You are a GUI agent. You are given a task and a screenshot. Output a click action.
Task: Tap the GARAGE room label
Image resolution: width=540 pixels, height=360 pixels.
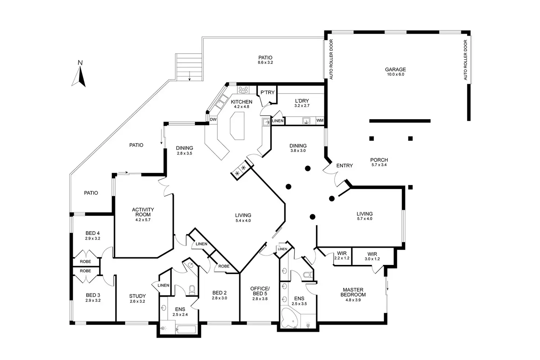point(395,69)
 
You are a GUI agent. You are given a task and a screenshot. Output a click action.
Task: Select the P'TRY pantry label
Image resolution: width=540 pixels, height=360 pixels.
point(267,92)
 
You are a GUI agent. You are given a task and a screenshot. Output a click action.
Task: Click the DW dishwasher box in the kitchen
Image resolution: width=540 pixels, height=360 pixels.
point(213,119)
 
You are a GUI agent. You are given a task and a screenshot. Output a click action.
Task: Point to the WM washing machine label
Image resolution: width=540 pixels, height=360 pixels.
point(320,120)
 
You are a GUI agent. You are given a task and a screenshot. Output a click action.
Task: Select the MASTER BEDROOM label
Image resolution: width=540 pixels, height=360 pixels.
point(353,292)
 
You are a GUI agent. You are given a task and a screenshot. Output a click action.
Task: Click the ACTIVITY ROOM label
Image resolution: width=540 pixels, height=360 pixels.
point(143,212)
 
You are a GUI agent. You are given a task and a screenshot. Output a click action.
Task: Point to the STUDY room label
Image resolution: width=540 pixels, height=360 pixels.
point(138,296)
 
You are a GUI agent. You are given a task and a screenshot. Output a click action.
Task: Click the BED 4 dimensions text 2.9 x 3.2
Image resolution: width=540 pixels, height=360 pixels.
point(93,239)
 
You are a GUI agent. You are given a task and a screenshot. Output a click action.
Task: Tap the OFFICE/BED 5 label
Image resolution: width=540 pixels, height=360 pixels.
point(260,291)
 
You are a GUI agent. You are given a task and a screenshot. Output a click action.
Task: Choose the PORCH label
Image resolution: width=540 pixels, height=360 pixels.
point(379,160)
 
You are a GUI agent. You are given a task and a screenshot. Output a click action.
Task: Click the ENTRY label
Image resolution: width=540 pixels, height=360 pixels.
point(344,166)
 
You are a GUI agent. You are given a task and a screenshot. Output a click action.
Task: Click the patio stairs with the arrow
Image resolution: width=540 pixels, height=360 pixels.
point(189,67)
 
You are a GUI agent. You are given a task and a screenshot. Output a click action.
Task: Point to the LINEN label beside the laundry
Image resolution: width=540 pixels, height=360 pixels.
point(278,121)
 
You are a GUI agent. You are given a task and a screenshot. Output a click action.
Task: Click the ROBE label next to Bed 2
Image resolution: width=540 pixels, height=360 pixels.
point(224,266)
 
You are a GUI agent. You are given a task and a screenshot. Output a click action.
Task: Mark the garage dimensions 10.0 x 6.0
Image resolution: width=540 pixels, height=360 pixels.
point(395,74)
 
